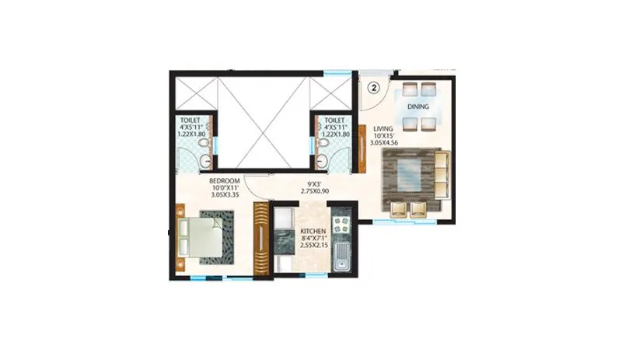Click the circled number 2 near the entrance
click(x=373, y=87)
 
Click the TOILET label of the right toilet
click(x=334, y=121)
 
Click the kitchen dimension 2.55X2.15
click(x=314, y=248)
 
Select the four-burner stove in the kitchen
click(x=341, y=226)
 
